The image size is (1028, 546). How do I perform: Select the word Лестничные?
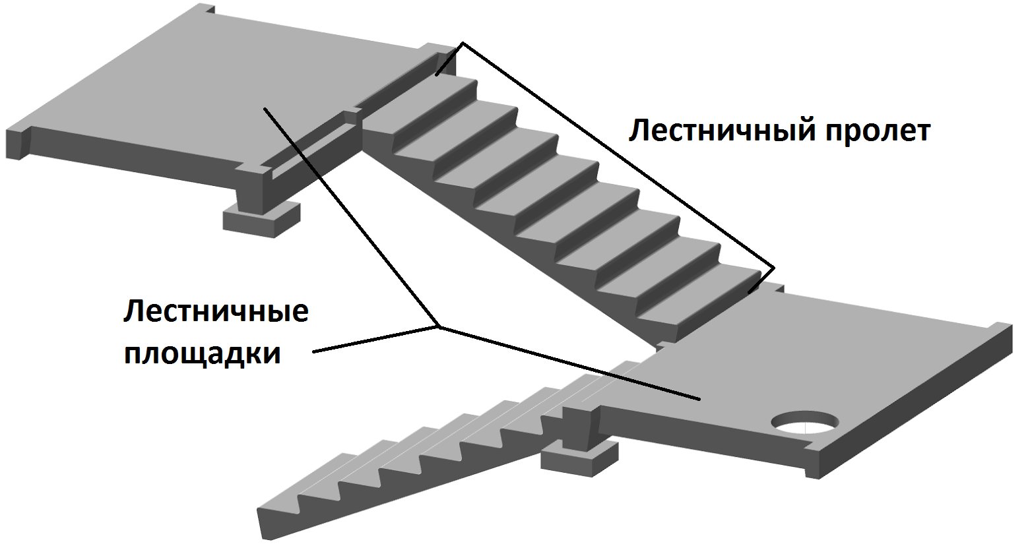216,311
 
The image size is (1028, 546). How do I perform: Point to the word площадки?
202,355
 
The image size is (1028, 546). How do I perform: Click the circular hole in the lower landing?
805,422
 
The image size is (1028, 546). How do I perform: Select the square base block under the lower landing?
579,460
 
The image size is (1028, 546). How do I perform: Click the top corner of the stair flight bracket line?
463,43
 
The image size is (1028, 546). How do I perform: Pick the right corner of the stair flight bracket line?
774,267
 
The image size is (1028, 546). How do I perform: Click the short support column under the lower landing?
581,427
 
